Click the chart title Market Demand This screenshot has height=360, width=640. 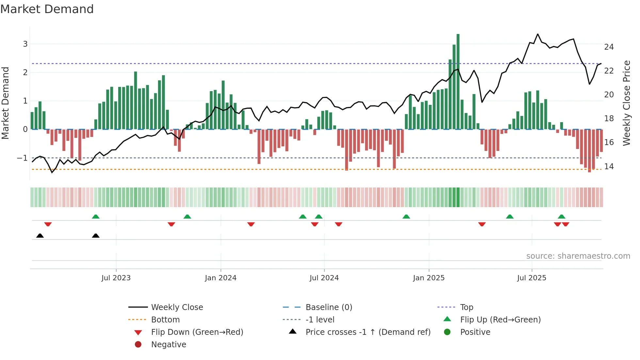pos(47,9)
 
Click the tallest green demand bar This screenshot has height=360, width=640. pos(458,82)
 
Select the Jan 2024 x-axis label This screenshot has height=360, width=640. pos(220,278)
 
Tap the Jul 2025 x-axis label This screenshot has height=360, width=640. pos(532,278)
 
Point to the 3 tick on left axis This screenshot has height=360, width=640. pos(25,44)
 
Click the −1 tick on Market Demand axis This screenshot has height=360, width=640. pos(23,158)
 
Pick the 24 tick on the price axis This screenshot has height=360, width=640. pos(609,47)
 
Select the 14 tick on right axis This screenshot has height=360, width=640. pos(609,167)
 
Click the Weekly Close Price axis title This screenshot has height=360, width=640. pos(626,103)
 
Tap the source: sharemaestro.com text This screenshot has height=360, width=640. pos(578,256)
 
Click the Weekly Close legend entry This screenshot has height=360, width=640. pos(177,307)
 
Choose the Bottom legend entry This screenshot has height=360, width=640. pos(165,320)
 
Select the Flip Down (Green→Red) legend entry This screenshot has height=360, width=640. pos(197,332)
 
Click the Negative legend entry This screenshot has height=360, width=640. pos(168,345)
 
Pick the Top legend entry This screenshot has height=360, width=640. pos(466,307)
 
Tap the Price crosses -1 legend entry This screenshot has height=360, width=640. pos(368,332)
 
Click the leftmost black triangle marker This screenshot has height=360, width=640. pos(40,236)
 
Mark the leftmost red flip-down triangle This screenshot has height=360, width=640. pos(48,224)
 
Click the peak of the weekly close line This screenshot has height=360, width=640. pos(538,34)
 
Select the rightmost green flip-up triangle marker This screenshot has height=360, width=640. pos(562,217)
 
